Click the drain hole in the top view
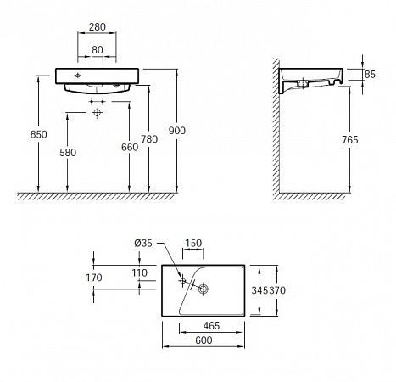click(x=202, y=289)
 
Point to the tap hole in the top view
click(x=181, y=279)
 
